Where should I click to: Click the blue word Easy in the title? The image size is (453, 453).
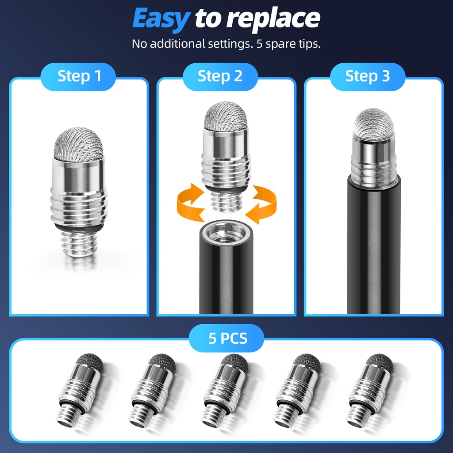[161, 19]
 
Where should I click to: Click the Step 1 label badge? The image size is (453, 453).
[78, 77]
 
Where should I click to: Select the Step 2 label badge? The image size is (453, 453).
[220, 77]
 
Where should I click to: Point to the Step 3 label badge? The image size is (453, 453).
[368, 77]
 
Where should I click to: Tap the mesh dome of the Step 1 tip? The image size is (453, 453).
[79, 144]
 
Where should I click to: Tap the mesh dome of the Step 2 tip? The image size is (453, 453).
[226, 116]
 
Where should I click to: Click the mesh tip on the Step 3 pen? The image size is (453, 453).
[373, 124]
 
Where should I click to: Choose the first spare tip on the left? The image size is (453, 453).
[80, 390]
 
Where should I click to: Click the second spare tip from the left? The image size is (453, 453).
[152, 390]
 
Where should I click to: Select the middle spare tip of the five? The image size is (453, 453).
[225, 390]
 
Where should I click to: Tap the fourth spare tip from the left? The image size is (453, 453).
[297, 390]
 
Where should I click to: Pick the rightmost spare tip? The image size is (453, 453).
[370, 390]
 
